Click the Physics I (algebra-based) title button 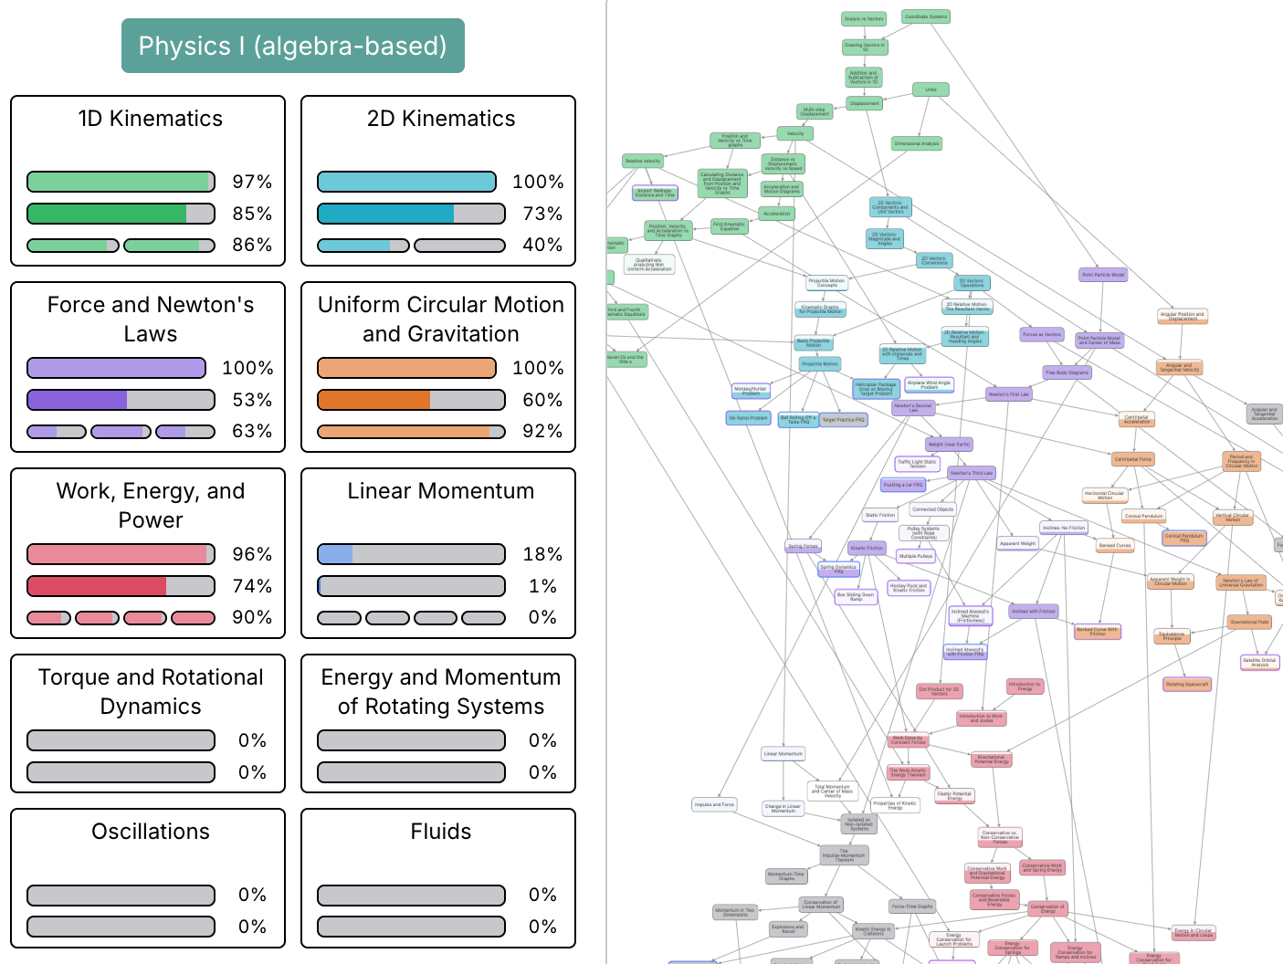pyautogui.click(x=292, y=46)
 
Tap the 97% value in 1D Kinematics pyautogui.click(x=252, y=182)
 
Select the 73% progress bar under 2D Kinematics pyautogui.click(x=411, y=214)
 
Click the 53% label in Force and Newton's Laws pyautogui.click(x=252, y=400)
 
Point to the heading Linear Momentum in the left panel pyautogui.click(x=440, y=491)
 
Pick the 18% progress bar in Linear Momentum pyautogui.click(x=411, y=554)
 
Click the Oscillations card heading pyautogui.click(x=151, y=832)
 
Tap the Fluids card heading pyautogui.click(x=440, y=832)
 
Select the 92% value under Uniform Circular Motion pyautogui.click(x=542, y=431)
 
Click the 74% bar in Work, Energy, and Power pyautogui.click(x=121, y=586)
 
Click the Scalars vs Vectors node pyautogui.click(x=863, y=18)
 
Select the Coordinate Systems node pyautogui.click(x=926, y=16)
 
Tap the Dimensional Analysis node pyautogui.click(x=917, y=143)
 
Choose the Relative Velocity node pyautogui.click(x=643, y=161)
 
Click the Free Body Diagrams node pyautogui.click(x=1067, y=372)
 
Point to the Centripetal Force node pyautogui.click(x=1132, y=459)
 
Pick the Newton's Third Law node pyautogui.click(x=971, y=473)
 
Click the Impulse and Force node pyautogui.click(x=714, y=804)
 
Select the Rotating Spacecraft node pyautogui.click(x=1187, y=684)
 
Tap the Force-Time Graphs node pyautogui.click(x=912, y=906)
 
